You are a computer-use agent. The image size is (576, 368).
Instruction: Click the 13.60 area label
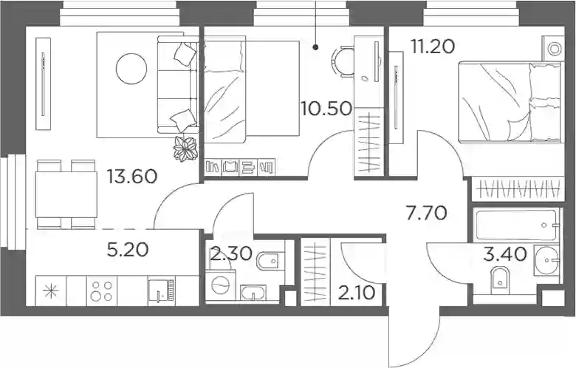pyautogui.click(x=132, y=177)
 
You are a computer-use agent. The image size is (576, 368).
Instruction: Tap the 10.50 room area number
pyautogui.click(x=326, y=109)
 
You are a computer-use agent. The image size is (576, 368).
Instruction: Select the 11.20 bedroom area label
pyautogui.click(x=433, y=47)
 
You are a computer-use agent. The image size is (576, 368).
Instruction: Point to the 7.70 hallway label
pyautogui.click(x=427, y=214)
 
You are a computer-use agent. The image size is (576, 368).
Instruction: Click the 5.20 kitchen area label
pyautogui.click(x=128, y=250)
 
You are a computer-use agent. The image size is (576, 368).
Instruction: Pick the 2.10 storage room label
pyautogui.click(x=357, y=293)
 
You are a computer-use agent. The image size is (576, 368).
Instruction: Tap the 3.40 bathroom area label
pyautogui.click(x=505, y=254)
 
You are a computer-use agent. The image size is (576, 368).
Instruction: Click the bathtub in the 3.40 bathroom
pyautogui.click(x=516, y=224)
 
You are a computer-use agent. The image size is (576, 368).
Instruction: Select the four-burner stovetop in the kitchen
pyautogui.click(x=102, y=291)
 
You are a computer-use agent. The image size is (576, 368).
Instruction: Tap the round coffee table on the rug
pyautogui.click(x=131, y=69)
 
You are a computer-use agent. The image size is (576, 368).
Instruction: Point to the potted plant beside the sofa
pyautogui.click(x=186, y=149)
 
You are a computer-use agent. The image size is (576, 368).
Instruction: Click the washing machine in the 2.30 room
pyautogui.click(x=220, y=286)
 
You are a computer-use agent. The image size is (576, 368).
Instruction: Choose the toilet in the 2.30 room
pyautogui.click(x=270, y=261)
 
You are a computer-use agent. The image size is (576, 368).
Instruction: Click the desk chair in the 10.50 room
pyautogui.click(x=343, y=61)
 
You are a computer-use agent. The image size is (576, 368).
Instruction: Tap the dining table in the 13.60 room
pyautogui.click(x=66, y=195)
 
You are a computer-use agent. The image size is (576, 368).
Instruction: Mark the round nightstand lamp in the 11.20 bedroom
pyautogui.click(x=555, y=49)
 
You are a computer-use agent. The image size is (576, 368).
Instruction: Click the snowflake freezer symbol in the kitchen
pyautogui.click(x=51, y=292)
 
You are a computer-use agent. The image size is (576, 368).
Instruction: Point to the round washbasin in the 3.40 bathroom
pyautogui.click(x=547, y=260)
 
